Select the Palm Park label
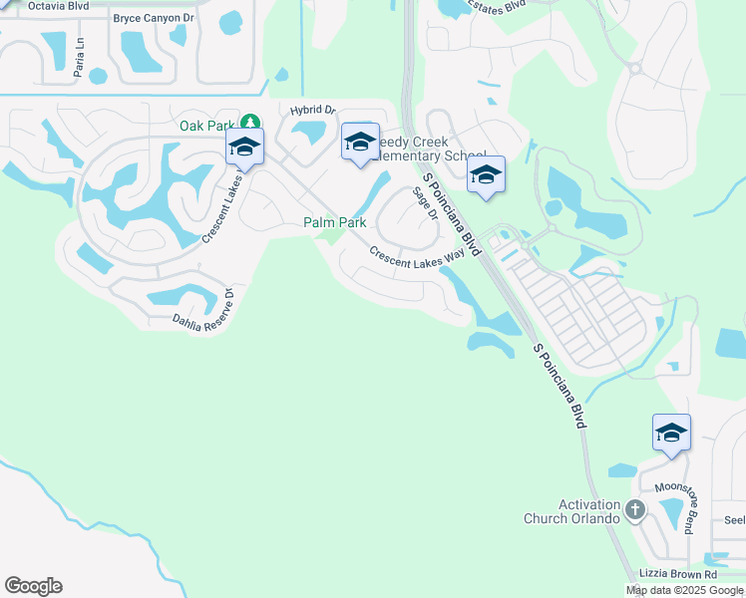coord(335,223)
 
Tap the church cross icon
coord(635,511)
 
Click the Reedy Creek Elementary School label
coord(429,149)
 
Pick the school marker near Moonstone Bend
coord(671,434)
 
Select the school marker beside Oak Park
coord(244,147)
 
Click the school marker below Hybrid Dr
coord(360,143)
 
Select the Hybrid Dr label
coord(313,111)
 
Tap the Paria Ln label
coord(80,49)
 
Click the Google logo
coord(33,586)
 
